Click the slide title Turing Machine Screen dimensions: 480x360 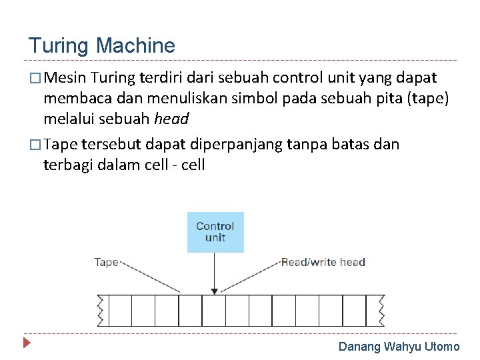101,46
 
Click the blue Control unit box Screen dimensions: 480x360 215,232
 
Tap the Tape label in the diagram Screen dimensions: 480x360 106,262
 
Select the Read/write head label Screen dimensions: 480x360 323,262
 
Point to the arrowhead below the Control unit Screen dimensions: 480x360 214,290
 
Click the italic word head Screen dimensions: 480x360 171,119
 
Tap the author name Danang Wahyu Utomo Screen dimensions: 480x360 399,347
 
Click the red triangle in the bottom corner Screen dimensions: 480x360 27,345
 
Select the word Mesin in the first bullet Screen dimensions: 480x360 67,79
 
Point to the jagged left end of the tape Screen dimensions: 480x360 101,310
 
